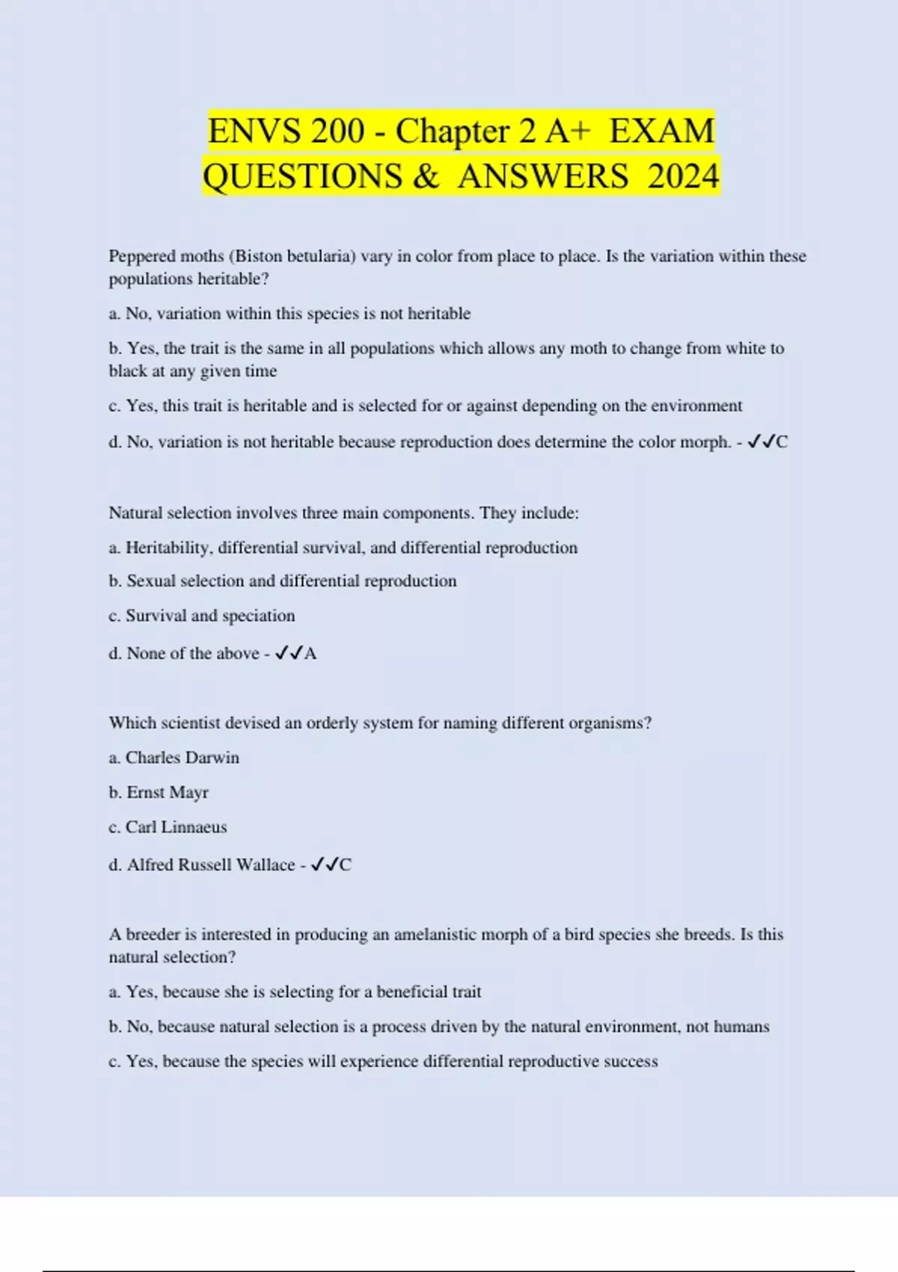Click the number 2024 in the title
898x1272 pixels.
tap(683, 177)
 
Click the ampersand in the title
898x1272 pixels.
tap(424, 177)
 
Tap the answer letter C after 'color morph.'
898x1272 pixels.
tap(782, 442)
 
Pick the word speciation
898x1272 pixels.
tap(258, 616)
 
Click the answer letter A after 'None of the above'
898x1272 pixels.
tap(311, 654)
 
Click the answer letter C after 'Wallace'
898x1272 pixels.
tap(345, 865)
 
